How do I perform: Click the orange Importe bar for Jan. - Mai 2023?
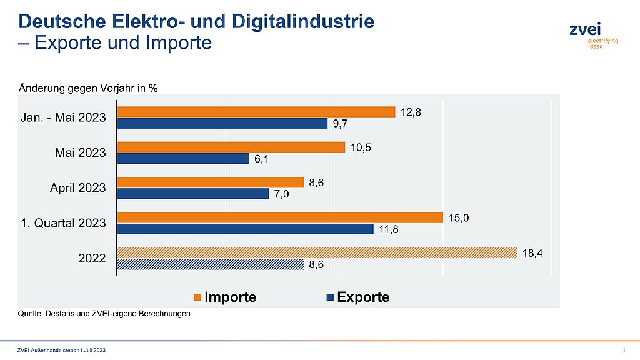coord(256,112)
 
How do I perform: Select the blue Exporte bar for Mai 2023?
coord(184,159)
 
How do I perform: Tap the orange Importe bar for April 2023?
coord(211,182)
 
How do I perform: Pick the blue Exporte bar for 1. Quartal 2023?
coord(246,229)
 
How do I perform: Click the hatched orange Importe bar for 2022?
coord(317,253)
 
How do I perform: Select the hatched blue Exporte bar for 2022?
coord(211,265)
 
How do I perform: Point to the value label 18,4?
coord(532,253)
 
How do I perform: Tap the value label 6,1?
coord(262,159)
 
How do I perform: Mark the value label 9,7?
coord(341,124)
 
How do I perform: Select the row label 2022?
coord(92,258)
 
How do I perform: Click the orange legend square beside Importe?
coord(199,297)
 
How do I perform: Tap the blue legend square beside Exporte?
coord(331,297)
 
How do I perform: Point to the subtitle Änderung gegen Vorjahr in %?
coord(87,87)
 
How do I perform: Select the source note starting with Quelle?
coord(103,314)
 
